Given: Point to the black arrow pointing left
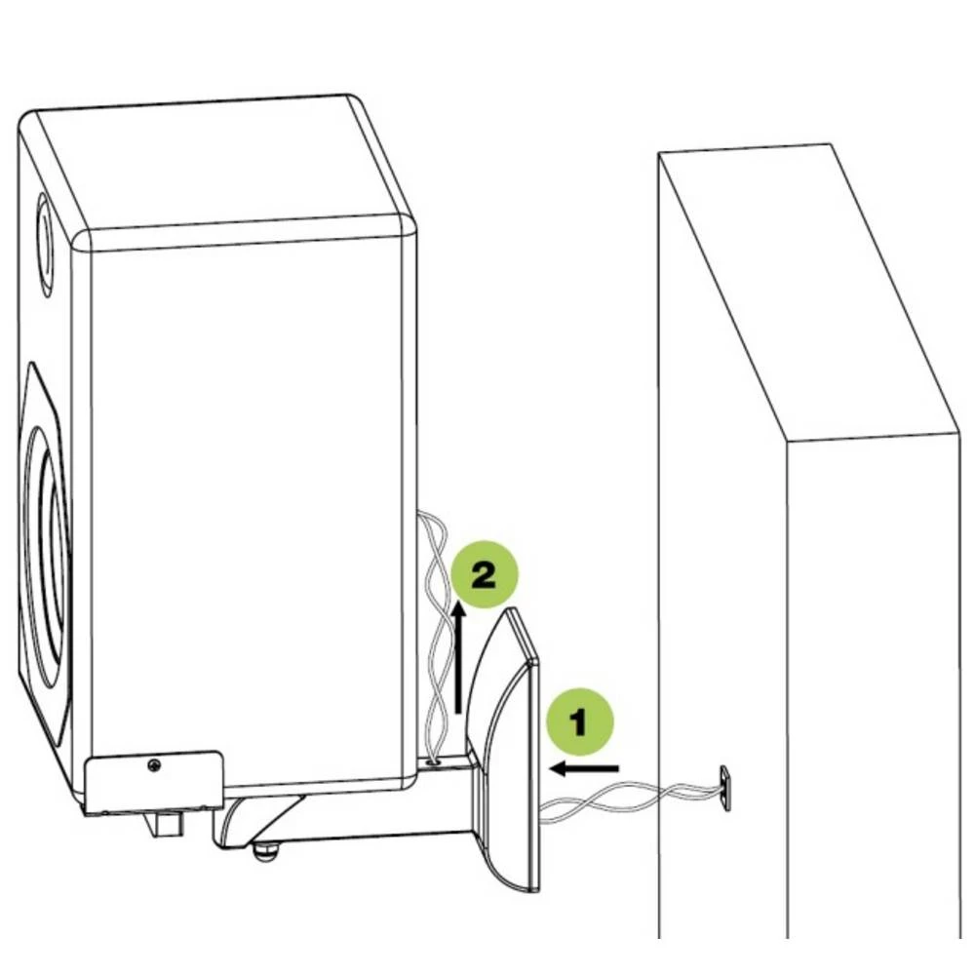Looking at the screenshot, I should coord(584,769).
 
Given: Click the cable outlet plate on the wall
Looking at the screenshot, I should coord(726,786).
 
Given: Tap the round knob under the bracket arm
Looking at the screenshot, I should coord(263,852).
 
